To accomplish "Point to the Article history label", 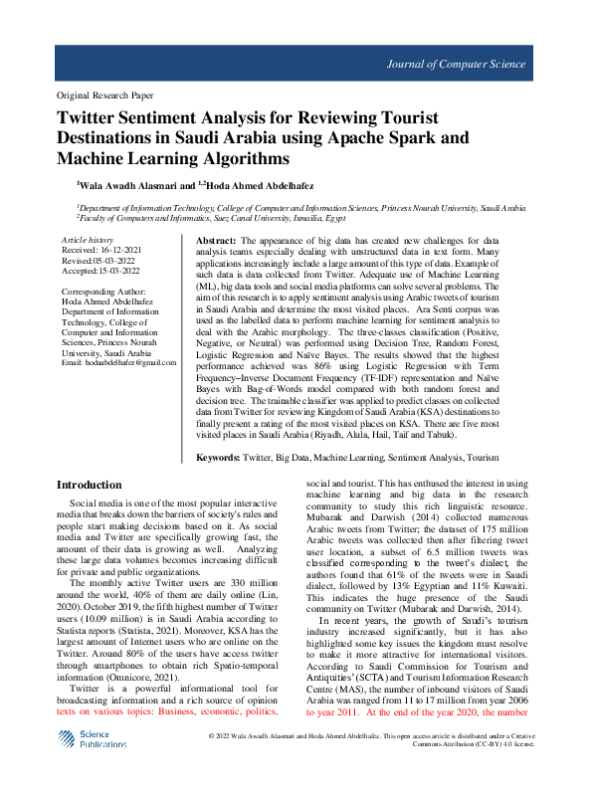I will [x=88, y=241].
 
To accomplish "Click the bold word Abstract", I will [x=214, y=242].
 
